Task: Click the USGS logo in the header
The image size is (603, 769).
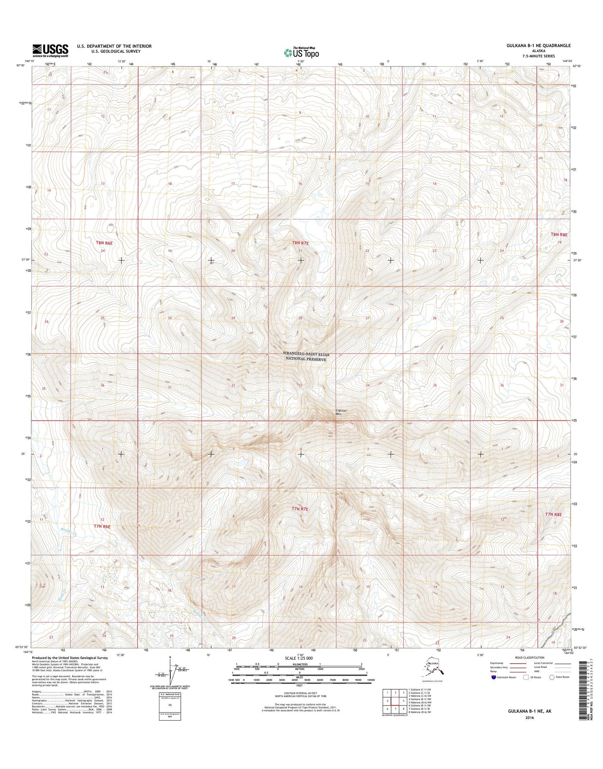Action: point(50,51)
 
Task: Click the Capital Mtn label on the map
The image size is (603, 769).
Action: point(341,412)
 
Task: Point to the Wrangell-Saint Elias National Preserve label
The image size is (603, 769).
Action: point(306,357)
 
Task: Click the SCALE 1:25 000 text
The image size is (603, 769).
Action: point(299,658)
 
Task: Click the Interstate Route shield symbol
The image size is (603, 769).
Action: point(494,677)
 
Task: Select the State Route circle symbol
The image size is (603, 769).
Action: point(552,677)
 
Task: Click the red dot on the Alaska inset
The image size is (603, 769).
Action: point(437,667)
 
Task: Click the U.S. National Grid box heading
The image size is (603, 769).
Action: point(170,694)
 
